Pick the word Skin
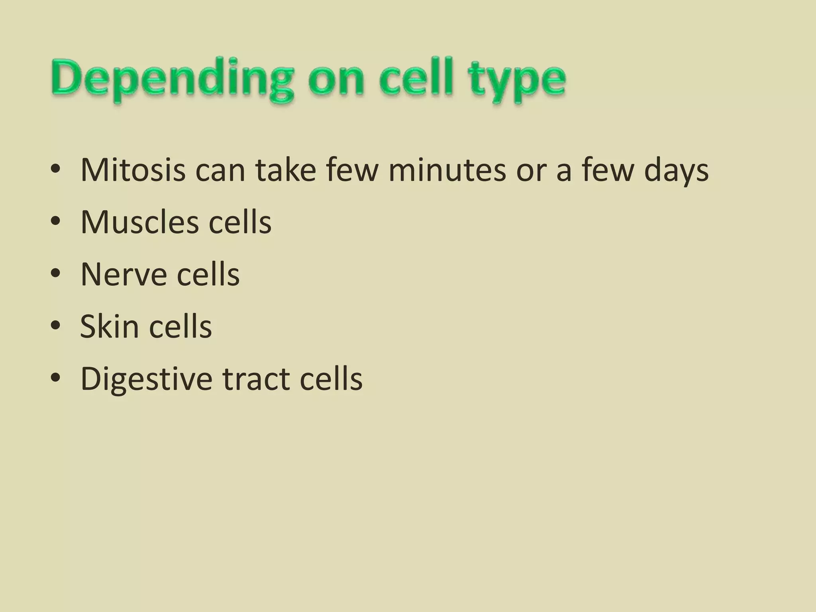click(x=109, y=326)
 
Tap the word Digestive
click(x=146, y=379)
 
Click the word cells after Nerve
click(x=208, y=275)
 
